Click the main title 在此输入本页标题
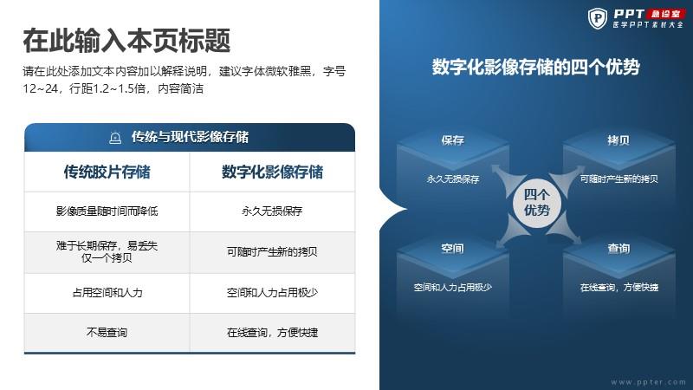pyautogui.click(x=126, y=41)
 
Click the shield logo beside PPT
pyautogui.click(x=598, y=18)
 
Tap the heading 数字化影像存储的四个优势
pyautogui.click(x=535, y=68)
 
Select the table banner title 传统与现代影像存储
pyautogui.click(x=190, y=137)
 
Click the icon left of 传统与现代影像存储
pyautogui.click(x=115, y=138)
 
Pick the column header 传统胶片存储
pyautogui.click(x=107, y=172)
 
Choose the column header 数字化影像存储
pyautogui.click(x=272, y=172)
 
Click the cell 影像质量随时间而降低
pyautogui.click(x=107, y=211)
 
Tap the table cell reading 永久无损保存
pyautogui.click(x=272, y=211)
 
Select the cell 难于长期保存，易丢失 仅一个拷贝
pyautogui.click(x=107, y=251)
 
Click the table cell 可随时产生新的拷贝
pyautogui.click(x=272, y=251)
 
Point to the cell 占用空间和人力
pyautogui.click(x=107, y=293)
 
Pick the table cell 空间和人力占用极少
pyautogui.click(x=272, y=293)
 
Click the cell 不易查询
pyautogui.click(x=107, y=333)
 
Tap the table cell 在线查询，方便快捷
pyautogui.click(x=272, y=333)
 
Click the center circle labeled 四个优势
pyautogui.click(x=537, y=203)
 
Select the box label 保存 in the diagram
pyautogui.click(x=452, y=140)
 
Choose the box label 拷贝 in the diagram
pyautogui.click(x=619, y=140)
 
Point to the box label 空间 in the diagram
pyautogui.click(x=452, y=249)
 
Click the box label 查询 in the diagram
pyautogui.click(x=619, y=249)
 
